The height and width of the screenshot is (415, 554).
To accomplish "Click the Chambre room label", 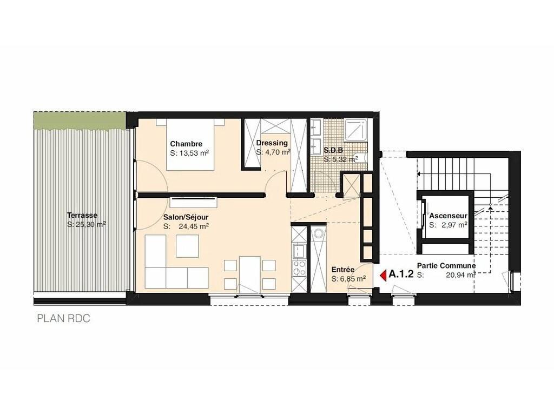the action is point(186,144).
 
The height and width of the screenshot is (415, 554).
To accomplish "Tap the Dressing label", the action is point(272,143).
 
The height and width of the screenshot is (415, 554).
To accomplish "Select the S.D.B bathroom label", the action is point(333,150).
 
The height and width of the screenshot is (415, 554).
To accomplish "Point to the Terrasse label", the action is point(82,215).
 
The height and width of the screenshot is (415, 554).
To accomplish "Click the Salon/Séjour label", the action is point(186,217).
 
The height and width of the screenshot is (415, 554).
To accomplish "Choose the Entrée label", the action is point(342,270).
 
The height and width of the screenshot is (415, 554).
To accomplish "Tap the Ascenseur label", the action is point(448,216).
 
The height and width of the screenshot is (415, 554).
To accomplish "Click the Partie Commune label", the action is point(446,265).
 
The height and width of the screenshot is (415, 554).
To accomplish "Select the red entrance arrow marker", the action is point(382,275).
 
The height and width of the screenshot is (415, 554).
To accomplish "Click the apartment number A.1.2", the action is point(401,274).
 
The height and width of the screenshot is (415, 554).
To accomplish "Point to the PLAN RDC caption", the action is point(64,319).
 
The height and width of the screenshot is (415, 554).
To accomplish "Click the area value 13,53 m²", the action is point(193,153).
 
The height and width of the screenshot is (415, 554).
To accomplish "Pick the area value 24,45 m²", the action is point(194,226).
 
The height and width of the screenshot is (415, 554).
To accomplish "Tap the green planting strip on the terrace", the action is point(80,121).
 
